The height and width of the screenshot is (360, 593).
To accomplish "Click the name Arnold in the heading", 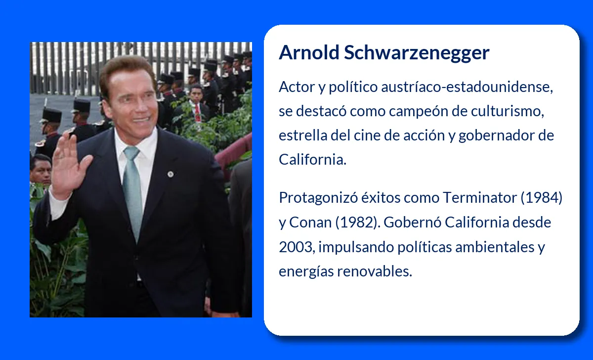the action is (309, 52).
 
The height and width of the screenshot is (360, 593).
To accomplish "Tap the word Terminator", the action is (480, 198).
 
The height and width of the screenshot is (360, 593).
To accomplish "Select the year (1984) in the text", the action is (542, 198).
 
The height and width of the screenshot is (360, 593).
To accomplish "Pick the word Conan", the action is (310, 222).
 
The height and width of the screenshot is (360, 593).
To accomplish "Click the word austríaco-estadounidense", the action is (467, 87).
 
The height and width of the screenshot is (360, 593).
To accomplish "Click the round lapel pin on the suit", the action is (171, 174).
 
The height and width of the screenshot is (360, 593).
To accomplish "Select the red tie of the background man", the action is (197, 113).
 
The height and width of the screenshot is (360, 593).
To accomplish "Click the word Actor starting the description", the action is (297, 87).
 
